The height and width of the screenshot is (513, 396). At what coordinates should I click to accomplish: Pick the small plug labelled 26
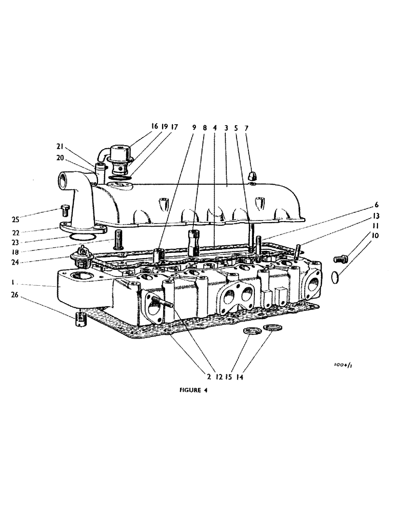pyautogui.click(x=80, y=319)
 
